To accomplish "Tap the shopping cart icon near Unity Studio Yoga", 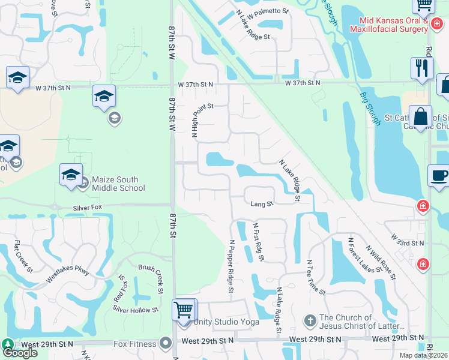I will [x=184, y=310].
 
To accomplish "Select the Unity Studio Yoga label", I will [x=227, y=322].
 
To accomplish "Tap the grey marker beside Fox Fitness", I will [x=166, y=344].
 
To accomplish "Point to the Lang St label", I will [x=262, y=204].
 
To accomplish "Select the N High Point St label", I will [x=194, y=121].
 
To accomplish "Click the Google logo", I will [x=20, y=353].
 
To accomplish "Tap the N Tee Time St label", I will [x=317, y=277].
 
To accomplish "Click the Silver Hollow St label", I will [x=135, y=309].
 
